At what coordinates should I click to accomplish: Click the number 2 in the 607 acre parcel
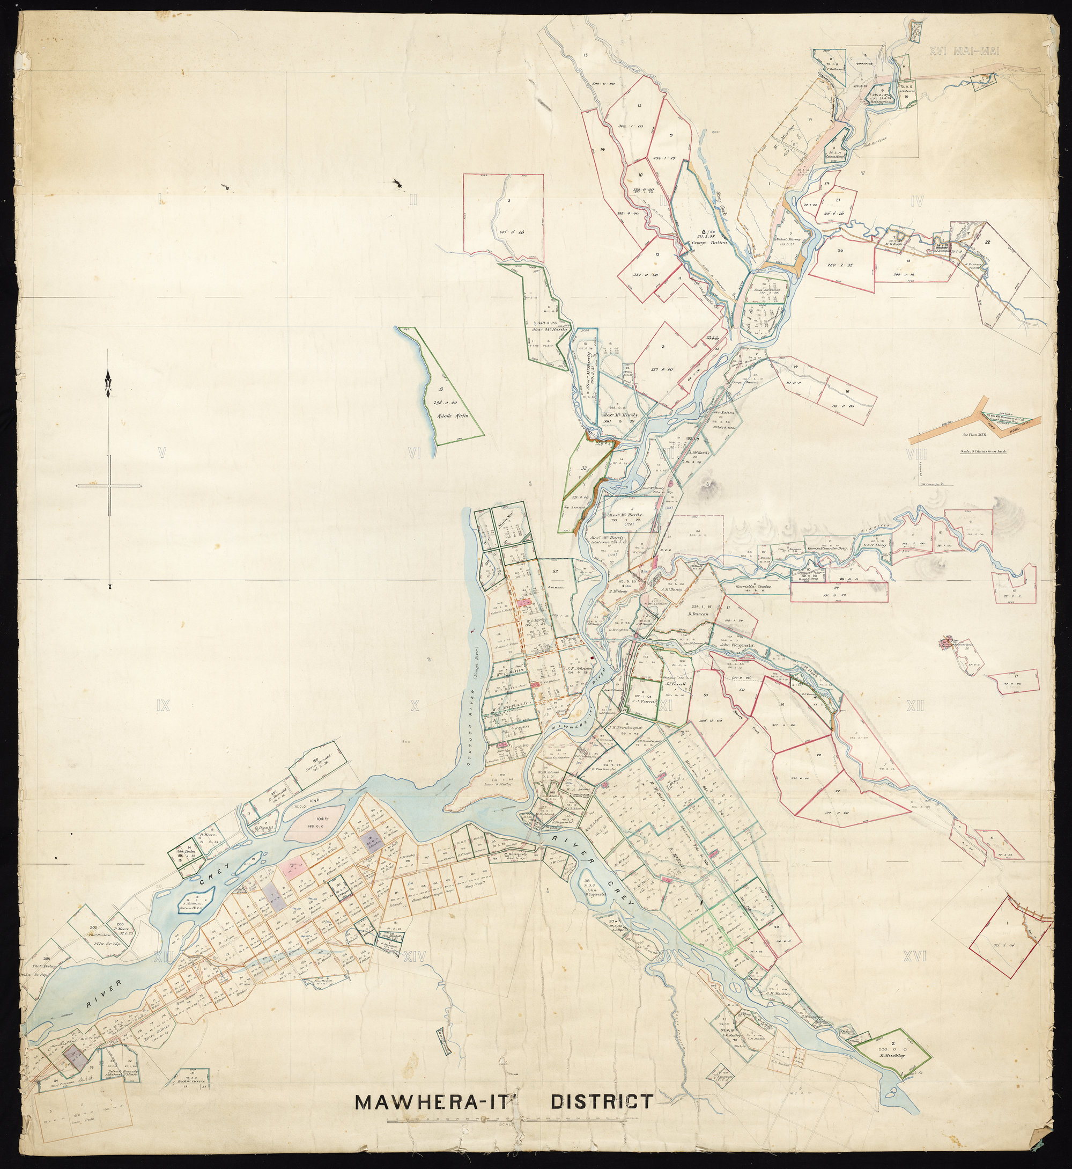click(508, 201)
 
